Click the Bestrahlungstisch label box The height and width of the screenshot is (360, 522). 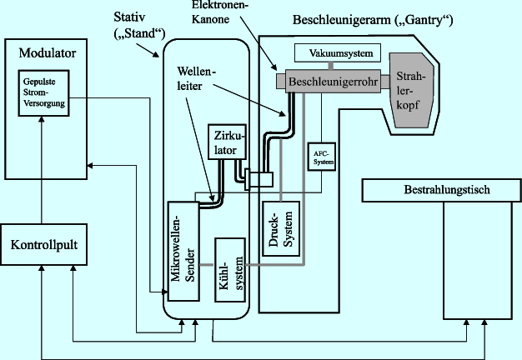440,191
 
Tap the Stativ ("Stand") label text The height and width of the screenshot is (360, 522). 138,26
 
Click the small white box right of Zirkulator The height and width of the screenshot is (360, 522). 262,178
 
